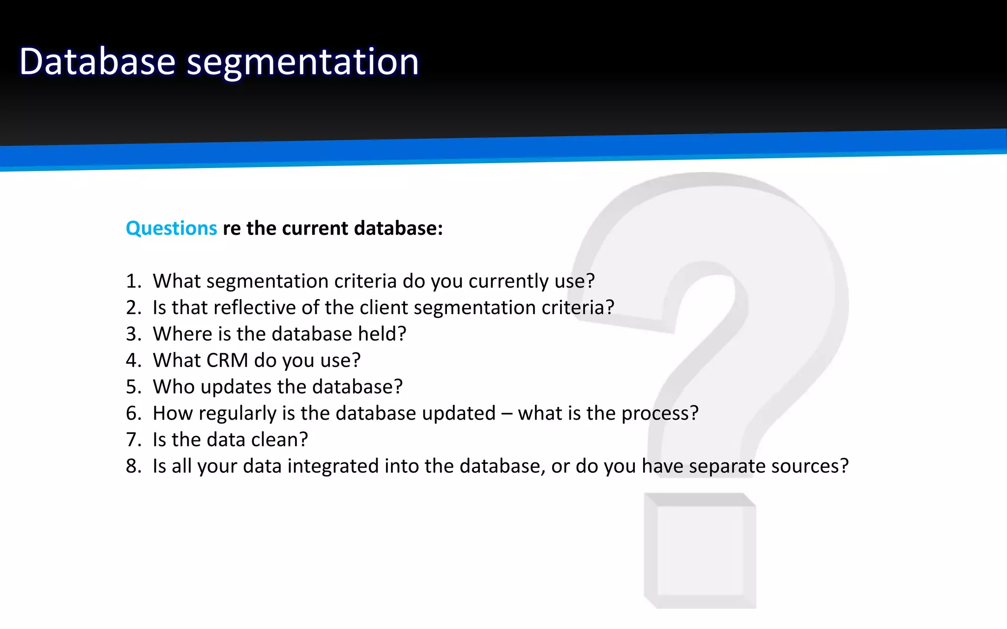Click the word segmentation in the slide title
click(302, 62)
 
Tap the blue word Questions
click(171, 229)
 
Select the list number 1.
click(132, 281)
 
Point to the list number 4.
click(133, 361)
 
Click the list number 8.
click(133, 466)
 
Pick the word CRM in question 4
click(227, 361)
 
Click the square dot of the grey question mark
click(700, 550)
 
